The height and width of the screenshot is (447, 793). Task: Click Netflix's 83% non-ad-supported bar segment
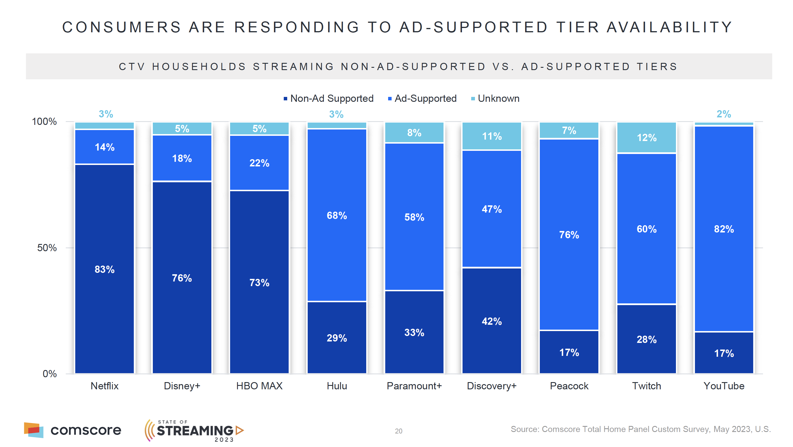[x=104, y=269]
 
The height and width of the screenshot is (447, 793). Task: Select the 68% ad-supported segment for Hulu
[x=337, y=215]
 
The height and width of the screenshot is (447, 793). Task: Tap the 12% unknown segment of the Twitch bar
[x=647, y=137]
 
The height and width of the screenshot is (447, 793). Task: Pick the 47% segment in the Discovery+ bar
[x=492, y=209]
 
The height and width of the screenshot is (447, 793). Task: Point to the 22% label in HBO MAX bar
[x=259, y=163]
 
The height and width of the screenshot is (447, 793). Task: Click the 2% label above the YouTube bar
[x=724, y=114]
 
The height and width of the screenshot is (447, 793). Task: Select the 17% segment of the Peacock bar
[x=569, y=352]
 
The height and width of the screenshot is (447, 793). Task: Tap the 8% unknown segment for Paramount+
[x=414, y=133]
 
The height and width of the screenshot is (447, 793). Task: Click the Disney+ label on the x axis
[x=182, y=386]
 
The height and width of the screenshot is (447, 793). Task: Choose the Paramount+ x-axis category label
[x=414, y=386]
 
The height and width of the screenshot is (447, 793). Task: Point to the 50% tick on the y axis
[x=47, y=248]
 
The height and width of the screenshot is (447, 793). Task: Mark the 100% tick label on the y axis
[x=44, y=122]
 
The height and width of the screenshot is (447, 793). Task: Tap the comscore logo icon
[x=33, y=430]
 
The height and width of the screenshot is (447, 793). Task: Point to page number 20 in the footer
[x=398, y=431]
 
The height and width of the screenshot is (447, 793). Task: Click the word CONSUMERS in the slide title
[x=122, y=27]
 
